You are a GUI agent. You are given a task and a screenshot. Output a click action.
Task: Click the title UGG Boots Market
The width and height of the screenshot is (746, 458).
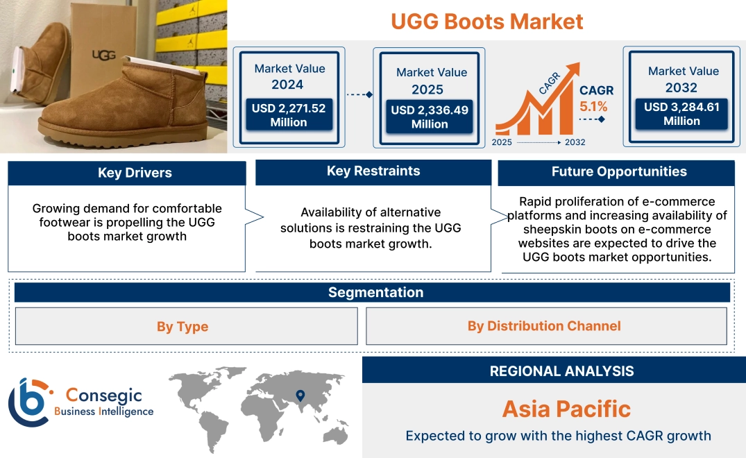tap(486, 21)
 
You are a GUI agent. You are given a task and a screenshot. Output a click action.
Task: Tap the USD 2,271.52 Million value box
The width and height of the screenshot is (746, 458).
tap(288, 114)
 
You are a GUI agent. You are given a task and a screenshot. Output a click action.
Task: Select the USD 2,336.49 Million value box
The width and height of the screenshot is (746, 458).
tap(429, 117)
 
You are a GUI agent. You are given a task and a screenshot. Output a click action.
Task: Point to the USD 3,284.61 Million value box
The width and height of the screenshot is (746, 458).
tap(681, 113)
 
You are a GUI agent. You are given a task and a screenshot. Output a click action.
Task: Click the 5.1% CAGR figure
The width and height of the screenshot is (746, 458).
tap(593, 106)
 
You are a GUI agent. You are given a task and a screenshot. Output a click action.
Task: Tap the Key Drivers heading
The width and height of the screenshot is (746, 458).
tap(135, 173)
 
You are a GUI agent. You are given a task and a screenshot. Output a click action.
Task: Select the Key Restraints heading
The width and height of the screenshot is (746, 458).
tap(373, 171)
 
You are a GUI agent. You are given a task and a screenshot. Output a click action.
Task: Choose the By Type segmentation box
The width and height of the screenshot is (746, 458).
tap(183, 326)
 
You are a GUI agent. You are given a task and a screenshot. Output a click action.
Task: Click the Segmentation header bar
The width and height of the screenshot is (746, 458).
tap(375, 292)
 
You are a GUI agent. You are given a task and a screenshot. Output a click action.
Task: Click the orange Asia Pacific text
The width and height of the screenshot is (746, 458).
tap(566, 409)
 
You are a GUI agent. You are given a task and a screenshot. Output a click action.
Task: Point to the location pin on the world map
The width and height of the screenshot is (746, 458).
tap(300, 396)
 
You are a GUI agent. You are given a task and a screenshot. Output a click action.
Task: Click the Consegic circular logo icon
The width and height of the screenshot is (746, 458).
tap(28, 402)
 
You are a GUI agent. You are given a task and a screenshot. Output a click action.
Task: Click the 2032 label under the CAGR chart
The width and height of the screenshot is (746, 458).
tap(575, 142)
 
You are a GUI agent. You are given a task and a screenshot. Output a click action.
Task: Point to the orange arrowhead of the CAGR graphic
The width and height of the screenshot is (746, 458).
tap(573, 69)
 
